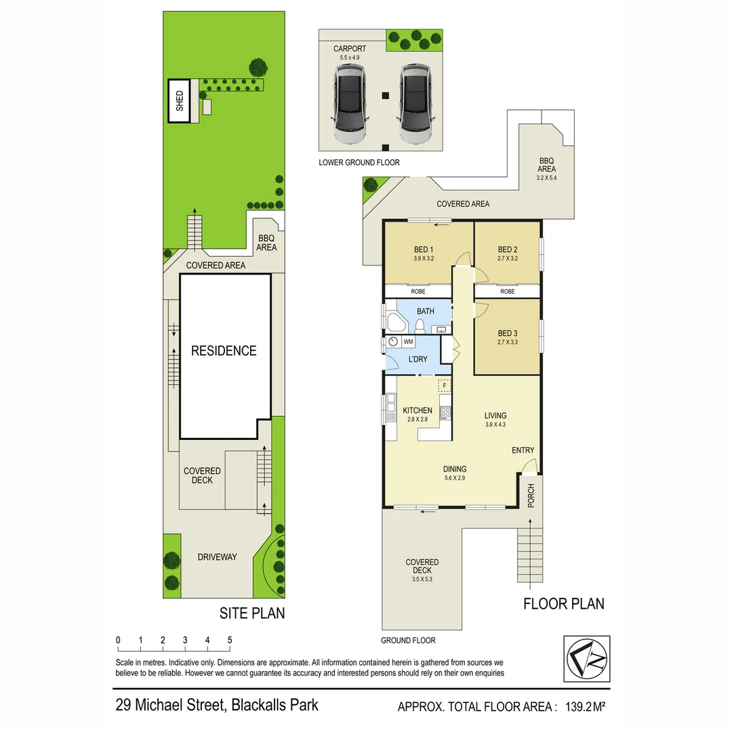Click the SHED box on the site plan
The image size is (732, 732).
[x=180, y=101]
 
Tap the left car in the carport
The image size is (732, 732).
[x=349, y=105]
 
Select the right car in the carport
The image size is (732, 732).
[x=415, y=105]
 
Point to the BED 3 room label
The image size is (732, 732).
[x=507, y=333]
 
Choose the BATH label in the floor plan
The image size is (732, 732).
[x=425, y=311]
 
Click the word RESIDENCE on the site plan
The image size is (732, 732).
[x=224, y=350]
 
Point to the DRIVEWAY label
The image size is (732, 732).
[x=217, y=556]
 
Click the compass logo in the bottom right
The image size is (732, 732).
[x=586, y=657]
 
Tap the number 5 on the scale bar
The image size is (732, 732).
[x=230, y=640]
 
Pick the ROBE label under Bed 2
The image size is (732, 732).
[x=507, y=291]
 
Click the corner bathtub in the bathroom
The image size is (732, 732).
[x=392, y=322]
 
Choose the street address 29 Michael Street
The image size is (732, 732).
[x=216, y=704]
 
